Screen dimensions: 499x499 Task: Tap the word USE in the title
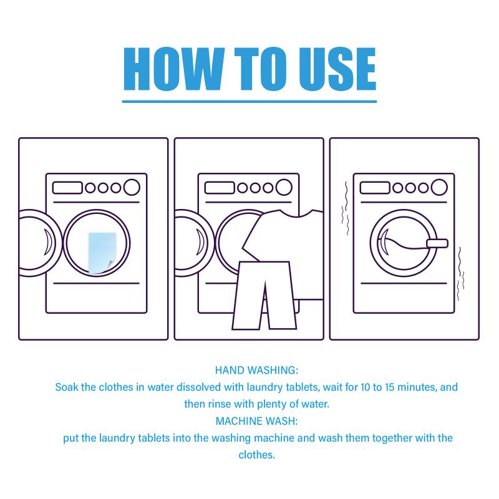(x=337, y=69)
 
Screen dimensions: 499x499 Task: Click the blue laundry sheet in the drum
(x=102, y=253)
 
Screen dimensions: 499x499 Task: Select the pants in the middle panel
(x=264, y=295)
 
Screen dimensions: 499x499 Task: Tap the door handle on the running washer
(x=437, y=243)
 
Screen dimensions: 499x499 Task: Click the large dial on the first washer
(x=132, y=187)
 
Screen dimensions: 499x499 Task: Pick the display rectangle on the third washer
(x=375, y=188)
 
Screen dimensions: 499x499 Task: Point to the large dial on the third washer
(x=439, y=187)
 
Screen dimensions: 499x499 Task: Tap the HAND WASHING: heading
(x=256, y=370)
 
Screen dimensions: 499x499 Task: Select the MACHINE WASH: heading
(x=256, y=421)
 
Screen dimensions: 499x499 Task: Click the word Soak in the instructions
(x=67, y=387)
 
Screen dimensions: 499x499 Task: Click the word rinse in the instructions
(x=220, y=404)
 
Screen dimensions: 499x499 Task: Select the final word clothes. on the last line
(x=256, y=455)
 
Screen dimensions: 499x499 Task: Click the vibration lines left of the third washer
(x=346, y=208)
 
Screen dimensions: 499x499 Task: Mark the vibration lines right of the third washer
(x=460, y=274)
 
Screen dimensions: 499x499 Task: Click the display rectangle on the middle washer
(x=220, y=188)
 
